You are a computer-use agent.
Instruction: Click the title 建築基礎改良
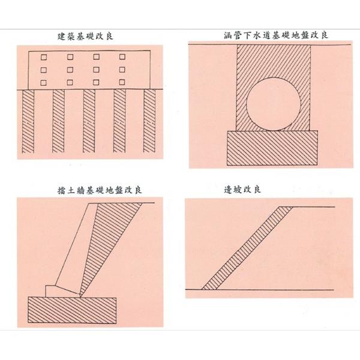coord(85,37)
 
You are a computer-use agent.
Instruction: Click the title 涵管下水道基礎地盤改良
coord(276,35)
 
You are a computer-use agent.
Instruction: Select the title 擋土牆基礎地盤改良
coord(100,190)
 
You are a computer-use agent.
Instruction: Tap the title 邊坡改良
coord(242,190)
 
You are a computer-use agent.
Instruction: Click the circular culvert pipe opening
coord(274,104)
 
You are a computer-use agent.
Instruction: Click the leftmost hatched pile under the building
coord(28,121)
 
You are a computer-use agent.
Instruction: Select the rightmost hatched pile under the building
coord(149,121)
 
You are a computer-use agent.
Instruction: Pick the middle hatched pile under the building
coord(89,121)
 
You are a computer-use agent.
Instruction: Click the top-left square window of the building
coord(44,57)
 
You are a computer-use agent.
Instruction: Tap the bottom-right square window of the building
coord(122,82)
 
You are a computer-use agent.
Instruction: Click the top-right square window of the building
coord(122,57)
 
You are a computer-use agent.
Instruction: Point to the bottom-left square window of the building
coord(43,83)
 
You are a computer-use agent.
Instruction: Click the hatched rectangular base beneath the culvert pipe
coord(272,148)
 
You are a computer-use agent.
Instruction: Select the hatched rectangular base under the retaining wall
coord(72,310)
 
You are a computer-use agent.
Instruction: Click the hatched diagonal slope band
coord(247,248)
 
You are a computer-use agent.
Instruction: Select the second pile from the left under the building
coord(59,121)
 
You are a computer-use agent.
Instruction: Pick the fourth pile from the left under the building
coord(119,121)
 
